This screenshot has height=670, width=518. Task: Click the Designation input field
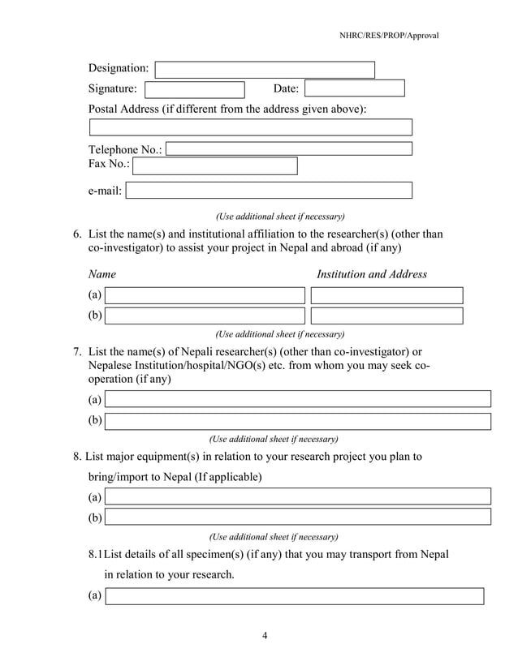265,70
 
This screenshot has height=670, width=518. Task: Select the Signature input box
194,89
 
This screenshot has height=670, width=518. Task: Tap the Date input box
354,89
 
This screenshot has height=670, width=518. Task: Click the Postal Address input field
250,127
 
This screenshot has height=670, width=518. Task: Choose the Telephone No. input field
289,149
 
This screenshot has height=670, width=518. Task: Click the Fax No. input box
214,166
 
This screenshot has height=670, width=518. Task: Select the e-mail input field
269,191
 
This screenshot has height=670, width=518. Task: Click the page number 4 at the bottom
265,635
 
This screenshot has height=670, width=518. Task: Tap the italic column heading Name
101,274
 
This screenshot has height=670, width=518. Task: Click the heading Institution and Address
371,274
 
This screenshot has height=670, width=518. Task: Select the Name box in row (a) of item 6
205,295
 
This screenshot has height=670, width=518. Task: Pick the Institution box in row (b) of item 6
386,316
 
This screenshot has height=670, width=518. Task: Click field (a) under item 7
298,399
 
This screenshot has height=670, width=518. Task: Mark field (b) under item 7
298,421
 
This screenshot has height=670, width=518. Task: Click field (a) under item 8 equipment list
298,496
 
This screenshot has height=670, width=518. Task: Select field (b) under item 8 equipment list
298,517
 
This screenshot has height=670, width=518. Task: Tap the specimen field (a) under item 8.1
295,596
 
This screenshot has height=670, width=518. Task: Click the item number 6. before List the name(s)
78,234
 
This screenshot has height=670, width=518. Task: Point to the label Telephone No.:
125,150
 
